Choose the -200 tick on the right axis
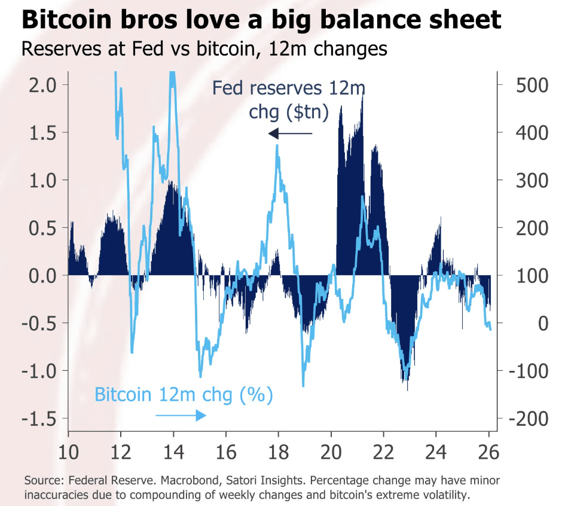point(523,419)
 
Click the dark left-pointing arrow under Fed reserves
point(290,133)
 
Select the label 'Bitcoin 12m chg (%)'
point(184,395)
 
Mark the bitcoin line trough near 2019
point(303,386)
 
